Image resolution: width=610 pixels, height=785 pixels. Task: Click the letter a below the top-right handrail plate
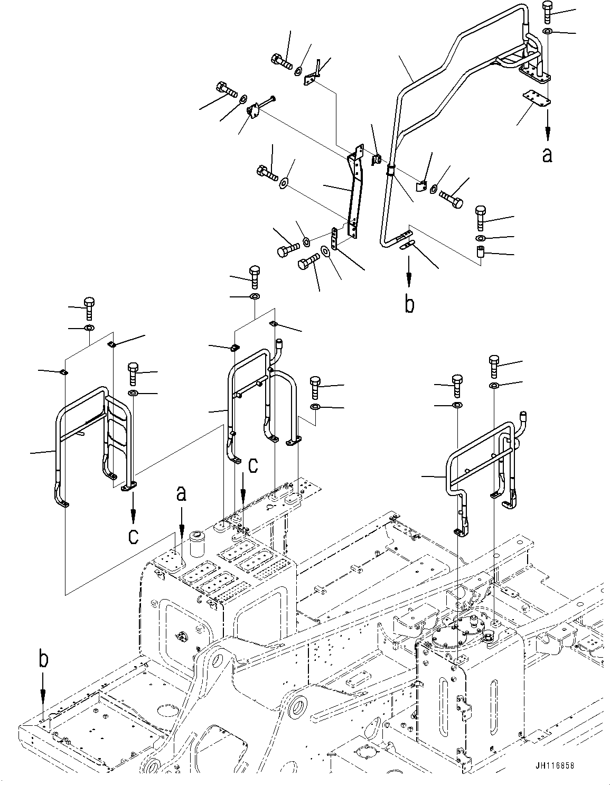point(547,155)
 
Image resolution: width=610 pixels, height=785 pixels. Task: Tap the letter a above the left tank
point(181,493)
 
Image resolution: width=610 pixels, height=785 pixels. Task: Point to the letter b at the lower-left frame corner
point(44,661)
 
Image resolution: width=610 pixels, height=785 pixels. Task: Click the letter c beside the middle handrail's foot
point(254,465)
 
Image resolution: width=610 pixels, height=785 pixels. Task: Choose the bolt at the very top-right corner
point(547,12)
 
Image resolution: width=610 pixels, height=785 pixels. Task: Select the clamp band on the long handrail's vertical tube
point(390,170)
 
